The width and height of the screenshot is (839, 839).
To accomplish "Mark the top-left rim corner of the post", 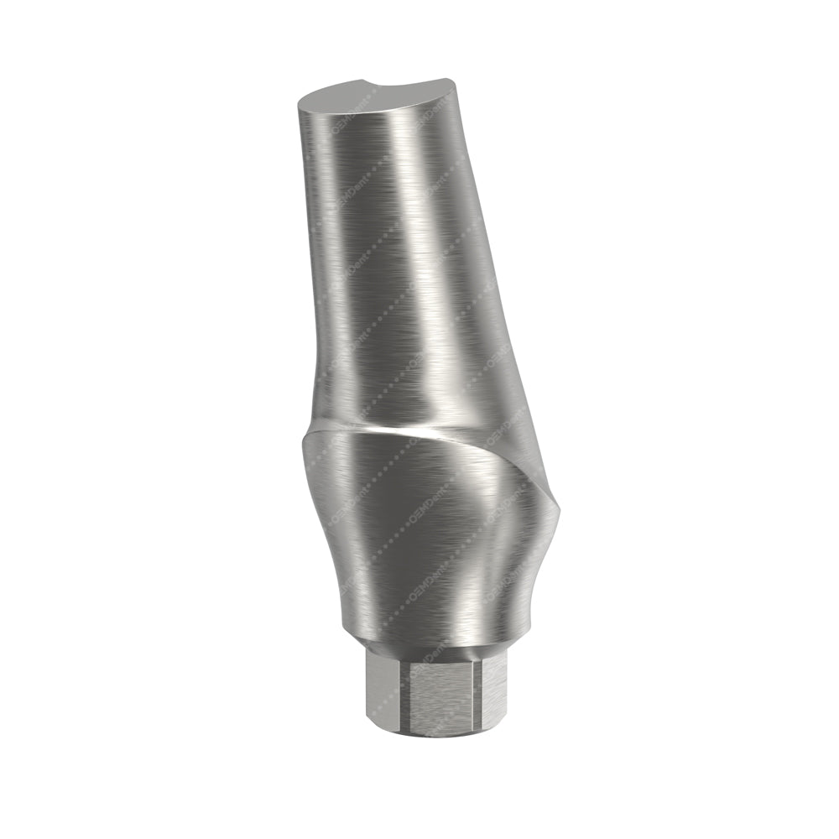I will click(x=300, y=102).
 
